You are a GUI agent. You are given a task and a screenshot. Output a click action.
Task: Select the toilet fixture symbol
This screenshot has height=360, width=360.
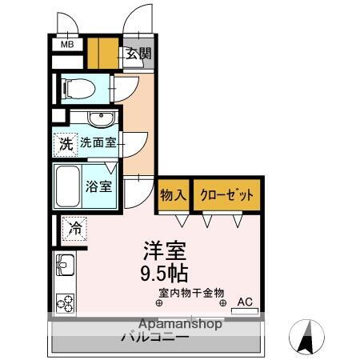click(x=78, y=86)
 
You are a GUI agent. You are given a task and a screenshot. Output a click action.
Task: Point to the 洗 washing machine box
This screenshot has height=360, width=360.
click(x=66, y=145)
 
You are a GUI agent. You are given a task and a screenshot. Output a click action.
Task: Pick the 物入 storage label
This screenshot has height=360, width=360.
click(x=173, y=194)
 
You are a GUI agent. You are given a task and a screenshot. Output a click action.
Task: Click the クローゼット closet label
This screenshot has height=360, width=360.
click(x=227, y=194)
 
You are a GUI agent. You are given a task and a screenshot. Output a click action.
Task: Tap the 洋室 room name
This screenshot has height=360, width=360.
click(x=166, y=249)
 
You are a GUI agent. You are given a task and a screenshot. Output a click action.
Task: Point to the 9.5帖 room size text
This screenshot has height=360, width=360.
click(x=166, y=273)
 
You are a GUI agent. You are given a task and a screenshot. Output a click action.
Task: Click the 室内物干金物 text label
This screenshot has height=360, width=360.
click(x=191, y=293)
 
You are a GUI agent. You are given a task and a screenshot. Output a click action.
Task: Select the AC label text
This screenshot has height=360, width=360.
click(x=245, y=302)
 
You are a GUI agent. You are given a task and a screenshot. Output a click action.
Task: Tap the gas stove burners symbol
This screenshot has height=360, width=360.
click(x=63, y=302)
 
